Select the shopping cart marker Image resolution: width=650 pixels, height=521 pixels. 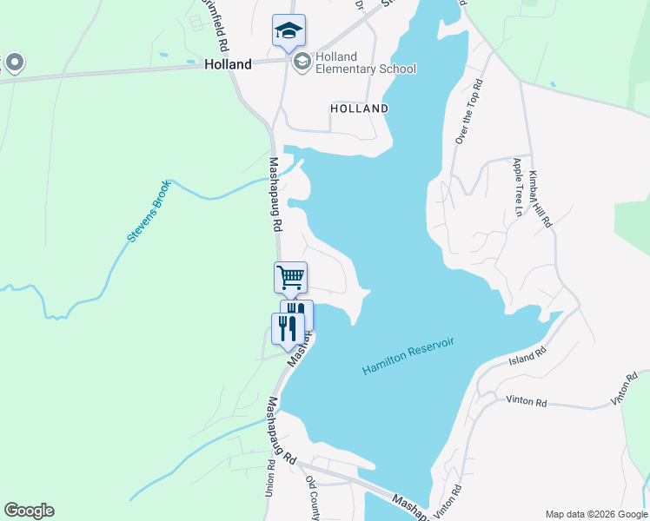(x=290, y=278)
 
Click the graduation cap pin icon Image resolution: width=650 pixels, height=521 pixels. (x=289, y=32)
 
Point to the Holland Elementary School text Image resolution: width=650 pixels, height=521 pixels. (x=366, y=63)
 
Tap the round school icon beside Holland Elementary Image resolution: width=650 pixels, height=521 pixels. (x=302, y=60)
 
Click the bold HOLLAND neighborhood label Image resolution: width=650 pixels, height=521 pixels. (x=359, y=109)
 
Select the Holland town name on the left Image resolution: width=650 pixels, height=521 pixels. (x=228, y=64)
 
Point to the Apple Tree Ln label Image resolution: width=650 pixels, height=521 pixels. (x=518, y=187)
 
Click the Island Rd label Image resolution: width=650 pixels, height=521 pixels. (x=527, y=355)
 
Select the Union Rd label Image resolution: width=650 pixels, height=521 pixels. (x=269, y=477)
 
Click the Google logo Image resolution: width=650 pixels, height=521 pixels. (x=29, y=511)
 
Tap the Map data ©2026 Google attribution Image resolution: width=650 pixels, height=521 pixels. (x=595, y=514)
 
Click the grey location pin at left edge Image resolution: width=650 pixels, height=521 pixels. (x=14, y=63)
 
